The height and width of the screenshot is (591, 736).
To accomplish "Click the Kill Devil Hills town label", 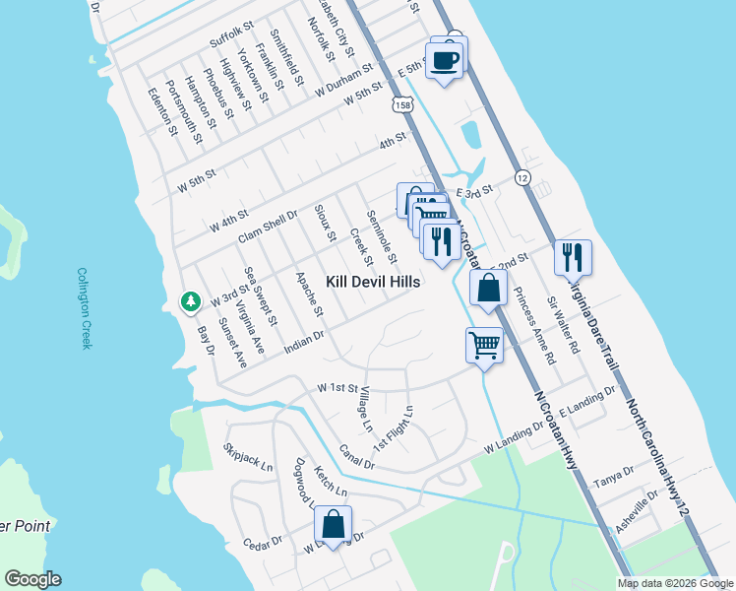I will point(373,282).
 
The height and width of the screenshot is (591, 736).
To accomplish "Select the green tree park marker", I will point(188,301).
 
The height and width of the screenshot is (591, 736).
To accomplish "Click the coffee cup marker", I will point(445,60).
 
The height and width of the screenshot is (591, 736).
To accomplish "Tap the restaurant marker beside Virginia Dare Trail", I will point(573,258).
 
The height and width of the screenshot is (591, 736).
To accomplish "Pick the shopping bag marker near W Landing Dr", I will point(334,526).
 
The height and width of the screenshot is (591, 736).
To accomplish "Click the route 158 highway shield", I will point(400,103).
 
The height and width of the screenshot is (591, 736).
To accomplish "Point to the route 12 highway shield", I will point(522,177).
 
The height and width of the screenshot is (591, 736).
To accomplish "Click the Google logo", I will point(32,578).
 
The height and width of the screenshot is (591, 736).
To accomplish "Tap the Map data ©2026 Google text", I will point(674,583).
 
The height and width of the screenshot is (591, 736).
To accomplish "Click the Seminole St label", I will point(381,237).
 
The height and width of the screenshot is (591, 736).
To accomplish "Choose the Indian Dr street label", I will point(305,338).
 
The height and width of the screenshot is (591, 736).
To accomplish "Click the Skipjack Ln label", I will point(248,457).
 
